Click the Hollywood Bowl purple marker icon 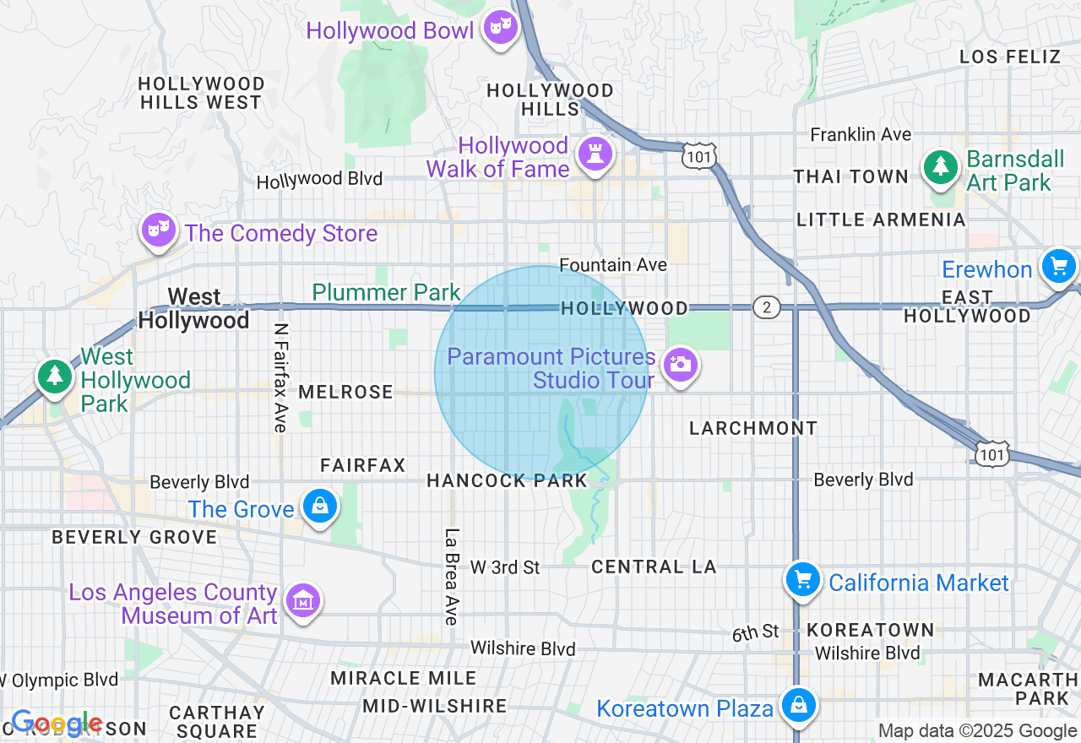tap(501, 27)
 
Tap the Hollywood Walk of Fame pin tap(595, 155)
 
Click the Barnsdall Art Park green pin tap(940, 167)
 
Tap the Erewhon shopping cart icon tap(1057, 267)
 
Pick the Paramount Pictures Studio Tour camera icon tap(680, 366)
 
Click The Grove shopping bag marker tap(320, 507)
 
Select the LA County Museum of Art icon tap(303, 601)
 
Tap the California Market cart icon tap(803, 580)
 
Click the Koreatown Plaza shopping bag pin tap(799, 705)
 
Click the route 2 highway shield tap(766, 307)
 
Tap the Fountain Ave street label tap(613, 265)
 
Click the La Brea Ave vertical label tap(451, 577)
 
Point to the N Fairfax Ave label tap(281, 377)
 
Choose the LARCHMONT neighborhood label tap(753, 428)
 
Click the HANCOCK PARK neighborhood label tap(507, 481)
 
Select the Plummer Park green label tap(386, 293)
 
